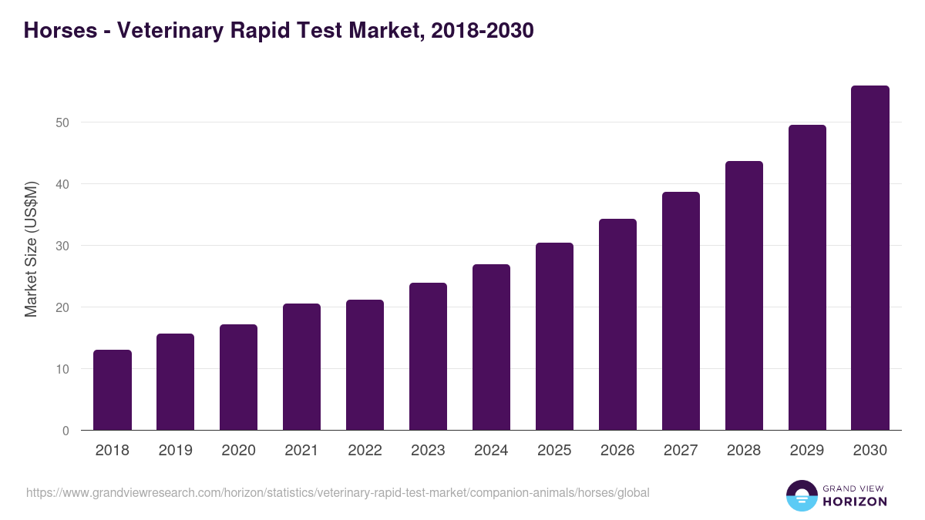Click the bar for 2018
113,391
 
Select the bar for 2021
301,367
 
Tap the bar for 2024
491,347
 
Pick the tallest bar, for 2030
870,258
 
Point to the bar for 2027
681,311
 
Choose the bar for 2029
807,278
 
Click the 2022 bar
365,365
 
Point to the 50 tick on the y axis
62,122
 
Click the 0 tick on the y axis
66,431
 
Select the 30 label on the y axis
62,246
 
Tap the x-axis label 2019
176,451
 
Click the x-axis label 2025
554,451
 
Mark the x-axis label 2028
744,451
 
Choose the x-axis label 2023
428,451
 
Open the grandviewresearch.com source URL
338,492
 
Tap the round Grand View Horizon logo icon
801,495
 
